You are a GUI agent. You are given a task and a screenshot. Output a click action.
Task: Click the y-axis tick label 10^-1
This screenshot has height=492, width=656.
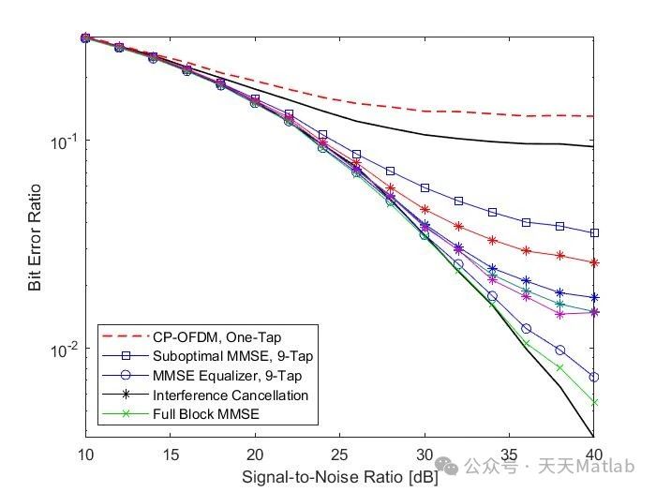click(63, 142)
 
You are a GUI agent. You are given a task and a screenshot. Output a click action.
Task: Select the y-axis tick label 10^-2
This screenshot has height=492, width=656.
click(63, 350)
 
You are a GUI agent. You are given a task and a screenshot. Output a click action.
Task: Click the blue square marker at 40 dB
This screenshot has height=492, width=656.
click(593, 232)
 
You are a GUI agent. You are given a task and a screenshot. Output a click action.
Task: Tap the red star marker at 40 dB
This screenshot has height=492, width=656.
click(593, 262)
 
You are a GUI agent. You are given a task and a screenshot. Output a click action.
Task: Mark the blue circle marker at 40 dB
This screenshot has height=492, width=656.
click(593, 377)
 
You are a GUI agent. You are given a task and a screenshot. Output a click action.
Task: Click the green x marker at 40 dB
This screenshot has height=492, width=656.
click(593, 402)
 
